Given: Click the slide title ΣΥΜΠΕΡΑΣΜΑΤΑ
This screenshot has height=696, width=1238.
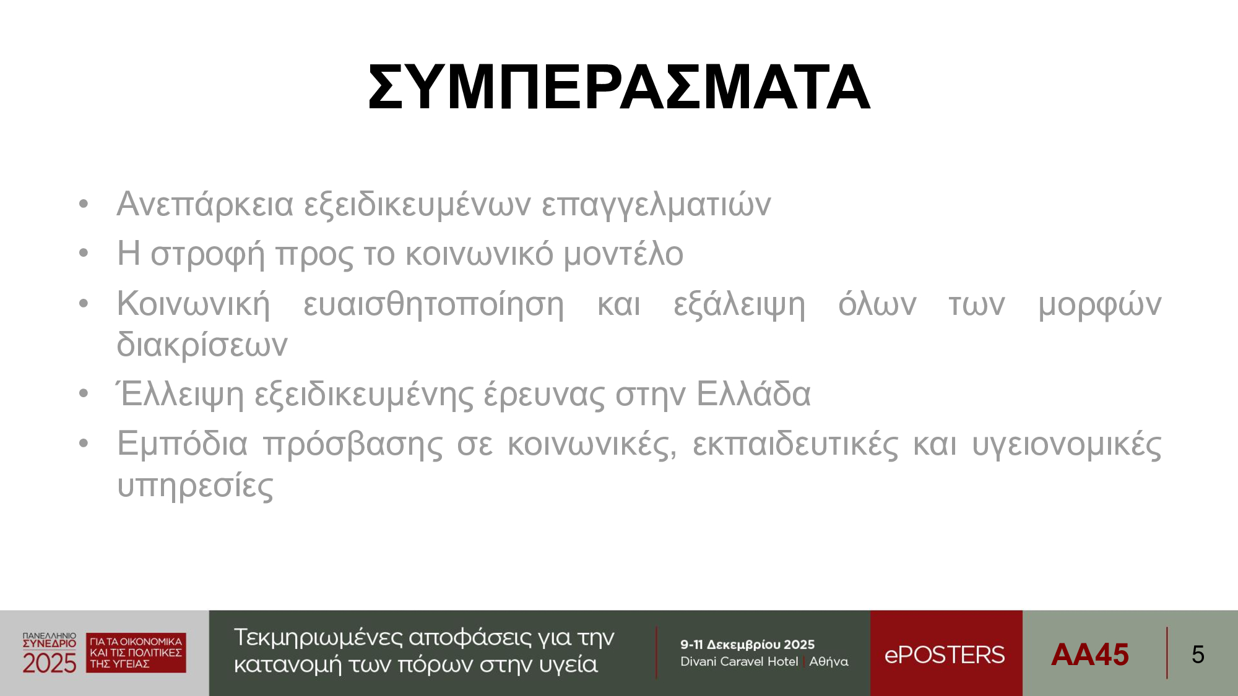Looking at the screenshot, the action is pos(619,87).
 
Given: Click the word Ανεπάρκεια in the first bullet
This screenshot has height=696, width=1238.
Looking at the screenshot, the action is pos(205,204).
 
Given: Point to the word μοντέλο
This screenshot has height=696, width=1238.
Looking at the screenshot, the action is pos(623,254).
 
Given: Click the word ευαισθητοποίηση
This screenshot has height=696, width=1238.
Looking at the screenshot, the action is pos(433,305).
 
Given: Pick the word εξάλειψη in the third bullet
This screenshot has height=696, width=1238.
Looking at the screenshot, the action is pos(739,305).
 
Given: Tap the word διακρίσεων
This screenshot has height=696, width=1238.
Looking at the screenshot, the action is pos(202,344).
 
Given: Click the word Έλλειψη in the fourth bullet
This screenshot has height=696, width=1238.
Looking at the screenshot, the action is pos(180,395).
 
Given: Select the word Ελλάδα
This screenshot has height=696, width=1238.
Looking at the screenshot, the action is pos(753,394).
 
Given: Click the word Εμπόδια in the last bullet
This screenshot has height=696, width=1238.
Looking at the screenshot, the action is pos(182,445).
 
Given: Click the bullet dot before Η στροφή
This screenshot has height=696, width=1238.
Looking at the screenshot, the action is pos(84,253).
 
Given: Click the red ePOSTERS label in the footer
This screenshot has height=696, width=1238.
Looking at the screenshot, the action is pos(945,655).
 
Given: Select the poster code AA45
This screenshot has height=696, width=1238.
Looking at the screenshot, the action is pos(1089,655).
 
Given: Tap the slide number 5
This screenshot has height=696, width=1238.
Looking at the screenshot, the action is pos(1198,655).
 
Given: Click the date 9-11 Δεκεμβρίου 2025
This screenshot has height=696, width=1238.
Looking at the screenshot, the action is pos(747,645).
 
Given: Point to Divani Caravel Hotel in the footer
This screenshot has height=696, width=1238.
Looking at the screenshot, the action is pos(739,661).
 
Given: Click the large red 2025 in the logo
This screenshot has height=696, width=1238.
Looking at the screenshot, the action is pos(50,663).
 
